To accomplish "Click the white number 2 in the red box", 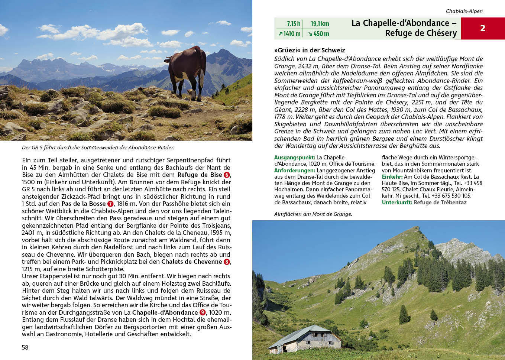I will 482,28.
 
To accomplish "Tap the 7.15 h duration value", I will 293,24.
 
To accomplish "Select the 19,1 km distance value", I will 320,24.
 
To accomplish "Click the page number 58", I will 25,347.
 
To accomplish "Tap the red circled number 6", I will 227,175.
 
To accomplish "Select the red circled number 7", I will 110,204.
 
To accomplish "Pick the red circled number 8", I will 227,262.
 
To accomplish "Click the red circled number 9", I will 203,312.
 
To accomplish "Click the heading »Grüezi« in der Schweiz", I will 310,50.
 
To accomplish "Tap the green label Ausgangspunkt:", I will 294,158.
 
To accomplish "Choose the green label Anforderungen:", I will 294,171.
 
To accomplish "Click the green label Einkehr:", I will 392,177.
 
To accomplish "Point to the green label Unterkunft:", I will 397,202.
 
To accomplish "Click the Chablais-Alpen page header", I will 464,11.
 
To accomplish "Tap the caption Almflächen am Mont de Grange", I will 313,214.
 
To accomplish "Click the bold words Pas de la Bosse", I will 84,204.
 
